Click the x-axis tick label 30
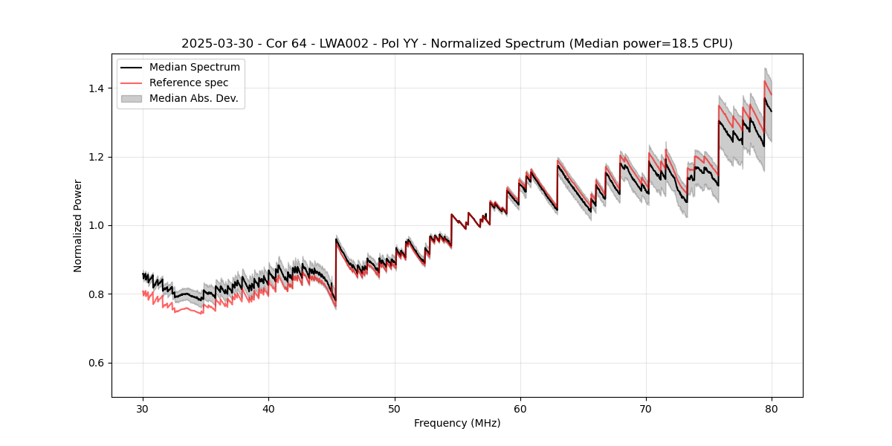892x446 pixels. pos(143,408)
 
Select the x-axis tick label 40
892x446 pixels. pos(268,408)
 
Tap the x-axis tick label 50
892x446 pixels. pos(394,408)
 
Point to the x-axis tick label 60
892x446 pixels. pos(520,408)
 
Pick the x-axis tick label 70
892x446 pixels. pos(646,408)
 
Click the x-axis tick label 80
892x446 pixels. pos(772,408)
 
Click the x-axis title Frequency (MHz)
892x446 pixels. pos(457,423)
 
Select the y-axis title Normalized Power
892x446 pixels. pos(78,225)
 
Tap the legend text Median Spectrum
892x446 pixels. pos(195,68)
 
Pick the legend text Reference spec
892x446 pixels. pos(189,83)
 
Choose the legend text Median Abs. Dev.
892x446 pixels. pos(194,98)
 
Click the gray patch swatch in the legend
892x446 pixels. pos(132,98)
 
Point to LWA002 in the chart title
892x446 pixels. pos(339,44)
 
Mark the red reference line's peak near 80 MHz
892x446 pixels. pos(765,81)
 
